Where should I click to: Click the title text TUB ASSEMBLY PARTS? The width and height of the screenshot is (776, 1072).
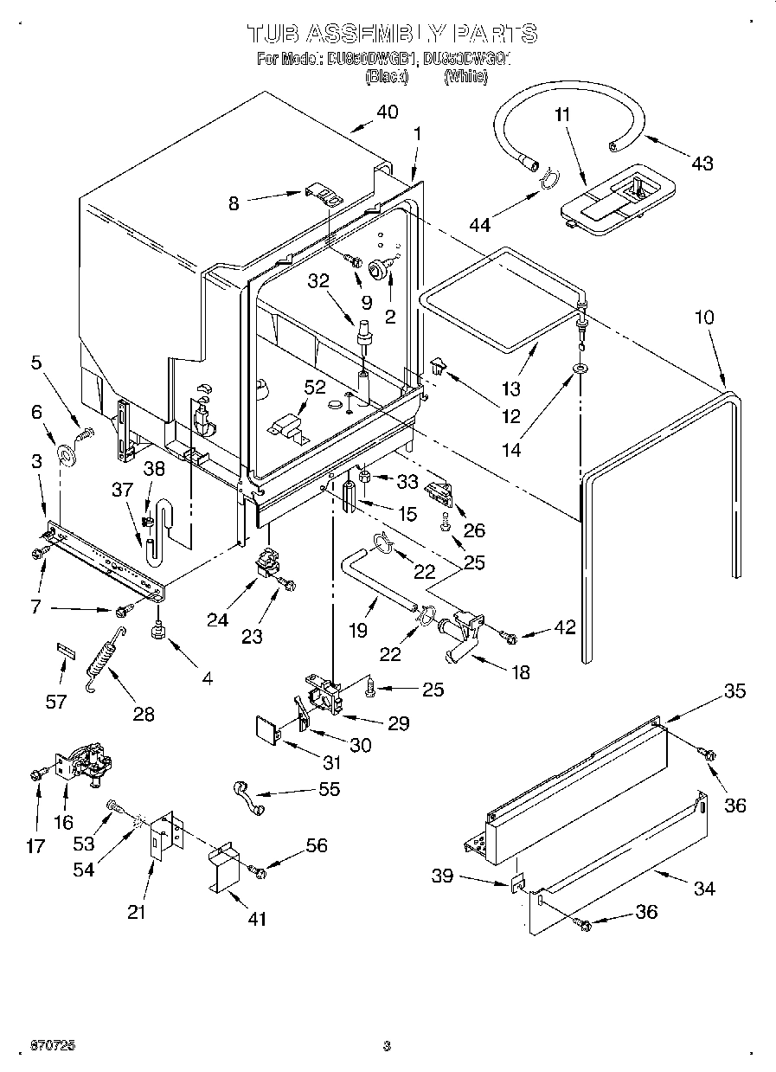pyautogui.click(x=392, y=34)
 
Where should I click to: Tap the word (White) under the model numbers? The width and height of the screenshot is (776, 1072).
pyautogui.click(x=465, y=77)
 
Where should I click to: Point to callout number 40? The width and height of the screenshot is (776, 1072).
pyautogui.click(x=387, y=112)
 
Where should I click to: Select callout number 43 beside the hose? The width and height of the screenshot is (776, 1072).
pyautogui.click(x=702, y=162)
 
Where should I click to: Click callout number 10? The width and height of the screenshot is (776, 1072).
pyautogui.click(x=704, y=318)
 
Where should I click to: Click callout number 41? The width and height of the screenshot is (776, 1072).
pyautogui.click(x=257, y=918)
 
